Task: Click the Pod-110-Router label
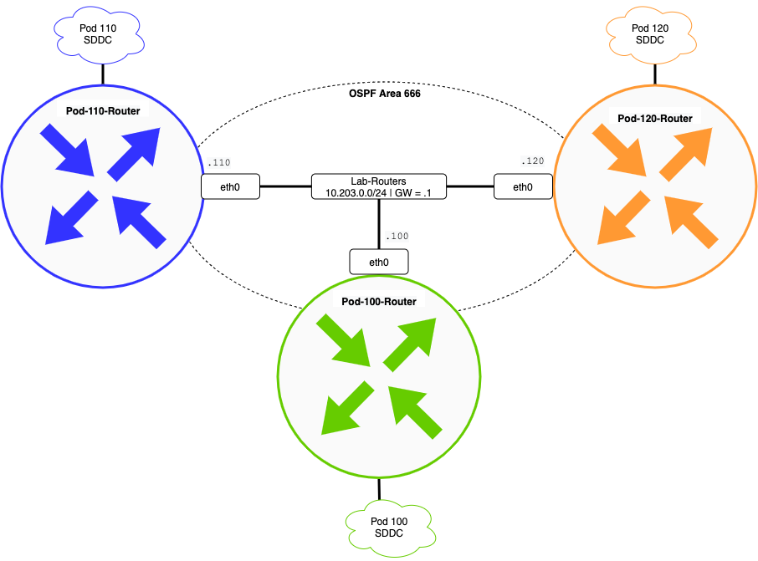click(x=102, y=110)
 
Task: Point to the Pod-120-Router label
click(x=655, y=119)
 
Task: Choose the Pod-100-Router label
click(x=379, y=301)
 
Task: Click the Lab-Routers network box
click(x=379, y=186)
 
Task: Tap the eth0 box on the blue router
click(x=230, y=187)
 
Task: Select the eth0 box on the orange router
click(x=523, y=187)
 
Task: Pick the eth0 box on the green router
click(x=379, y=262)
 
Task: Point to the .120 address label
click(x=531, y=159)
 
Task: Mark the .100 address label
click(x=397, y=236)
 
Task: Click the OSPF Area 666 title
click(x=384, y=94)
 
